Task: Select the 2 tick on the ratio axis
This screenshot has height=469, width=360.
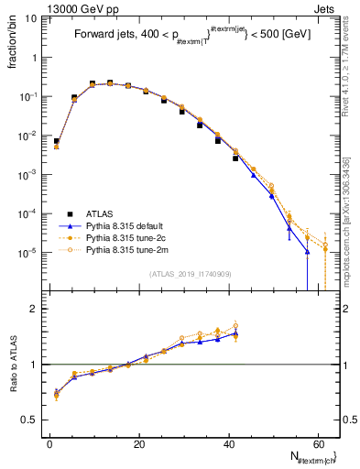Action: [34, 309]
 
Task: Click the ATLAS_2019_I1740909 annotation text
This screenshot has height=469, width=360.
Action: [191, 274]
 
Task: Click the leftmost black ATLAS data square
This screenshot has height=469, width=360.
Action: [57, 142]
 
